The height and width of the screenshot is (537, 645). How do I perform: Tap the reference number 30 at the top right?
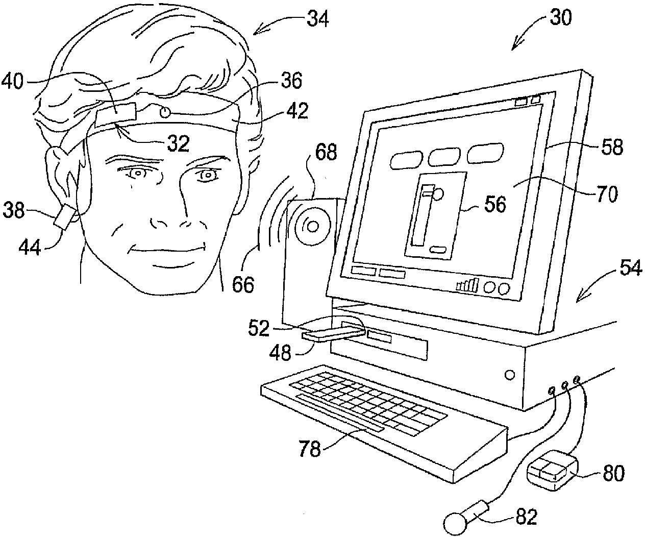[560, 18]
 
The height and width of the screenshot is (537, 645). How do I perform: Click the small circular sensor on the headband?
[164, 111]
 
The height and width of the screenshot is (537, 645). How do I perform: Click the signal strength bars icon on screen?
[467, 285]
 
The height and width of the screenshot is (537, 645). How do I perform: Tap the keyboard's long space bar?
[340, 412]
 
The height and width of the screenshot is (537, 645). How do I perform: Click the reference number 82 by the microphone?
[526, 517]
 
